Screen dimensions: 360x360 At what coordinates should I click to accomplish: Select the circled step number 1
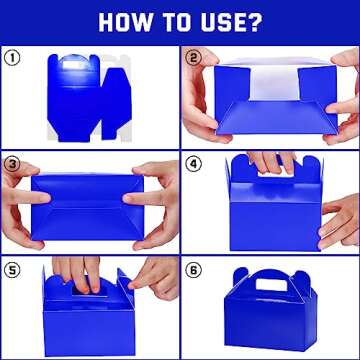tap(12, 58)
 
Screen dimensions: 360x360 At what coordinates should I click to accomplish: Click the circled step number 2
tap(193, 58)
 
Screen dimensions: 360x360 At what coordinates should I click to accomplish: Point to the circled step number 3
tap(12, 163)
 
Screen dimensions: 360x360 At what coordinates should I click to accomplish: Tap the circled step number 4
tap(193, 163)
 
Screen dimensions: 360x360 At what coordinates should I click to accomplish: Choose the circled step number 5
tap(12, 269)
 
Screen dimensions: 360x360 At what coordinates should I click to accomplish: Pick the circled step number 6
tap(193, 269)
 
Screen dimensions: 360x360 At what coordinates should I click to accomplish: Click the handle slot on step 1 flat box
tap(72, 65)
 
